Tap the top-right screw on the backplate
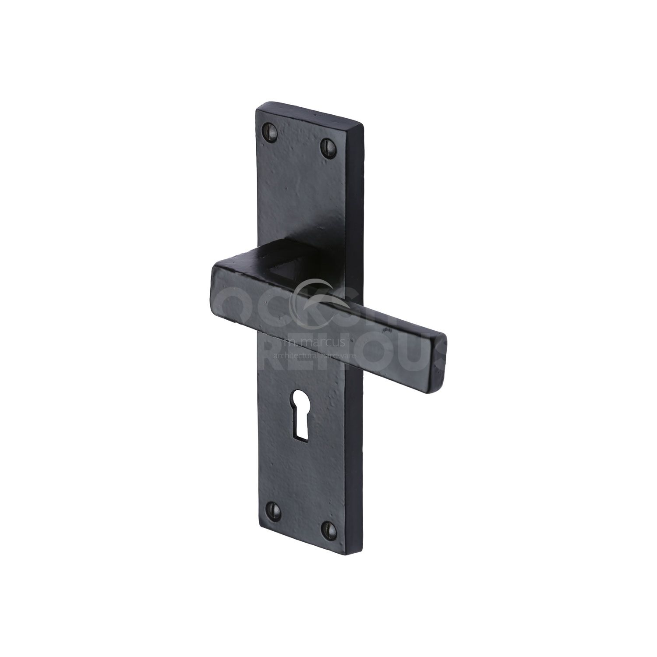click(x=328, y=144)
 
